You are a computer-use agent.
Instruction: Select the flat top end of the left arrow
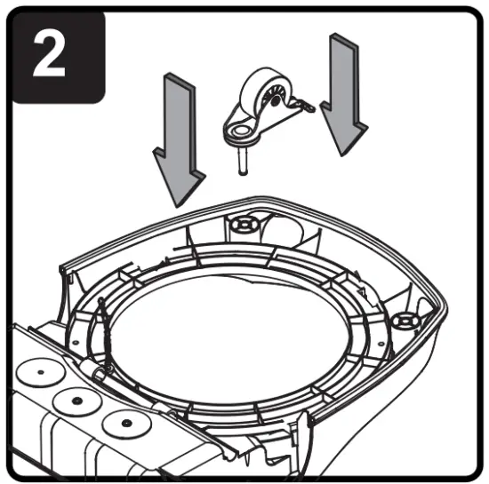[175, 79]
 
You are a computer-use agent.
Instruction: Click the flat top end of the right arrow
[342, 37]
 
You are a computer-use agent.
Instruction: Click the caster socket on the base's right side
[407, 317]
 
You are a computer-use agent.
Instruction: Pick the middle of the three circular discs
[77, 401]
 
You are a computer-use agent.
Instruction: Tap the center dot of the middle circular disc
[77, 401]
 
